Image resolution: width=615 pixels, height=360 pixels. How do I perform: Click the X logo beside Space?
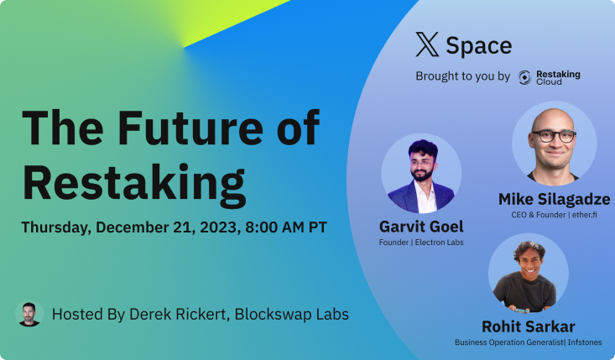[x=427, y=44]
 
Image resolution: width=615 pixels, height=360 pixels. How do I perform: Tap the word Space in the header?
[x=479, y=46]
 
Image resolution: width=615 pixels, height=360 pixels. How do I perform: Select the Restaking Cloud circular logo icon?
[x=524, y=77]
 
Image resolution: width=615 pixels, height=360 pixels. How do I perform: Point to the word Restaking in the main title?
[x=134, y=185]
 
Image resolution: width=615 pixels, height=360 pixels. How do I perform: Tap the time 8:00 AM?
[x=274, y=227]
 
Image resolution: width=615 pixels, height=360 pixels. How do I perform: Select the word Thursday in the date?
[x=55, y=228]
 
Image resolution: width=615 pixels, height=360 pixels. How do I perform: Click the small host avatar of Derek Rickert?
[x=29, y=314]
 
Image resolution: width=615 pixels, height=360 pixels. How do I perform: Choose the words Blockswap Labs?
[x=292, y=314]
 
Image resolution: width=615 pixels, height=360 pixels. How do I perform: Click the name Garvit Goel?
[x=421, y=227]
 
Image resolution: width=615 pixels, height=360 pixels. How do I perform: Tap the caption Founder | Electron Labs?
[x=421, y=243]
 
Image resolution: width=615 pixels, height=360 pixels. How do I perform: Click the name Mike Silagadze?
[x=555, y=199]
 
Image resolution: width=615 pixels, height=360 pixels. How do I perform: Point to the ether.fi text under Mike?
[x=585, y=215]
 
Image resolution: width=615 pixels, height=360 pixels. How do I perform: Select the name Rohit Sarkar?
[x=529, y=326]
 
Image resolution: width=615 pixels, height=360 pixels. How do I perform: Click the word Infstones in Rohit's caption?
[x=585, y=342]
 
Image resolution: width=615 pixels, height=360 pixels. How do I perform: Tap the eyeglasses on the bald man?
[x=554, y=136]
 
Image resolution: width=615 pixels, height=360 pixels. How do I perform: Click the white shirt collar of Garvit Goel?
[x=425, y=193]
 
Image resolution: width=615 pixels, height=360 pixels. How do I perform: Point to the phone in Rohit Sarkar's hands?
[x=522, y=311]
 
